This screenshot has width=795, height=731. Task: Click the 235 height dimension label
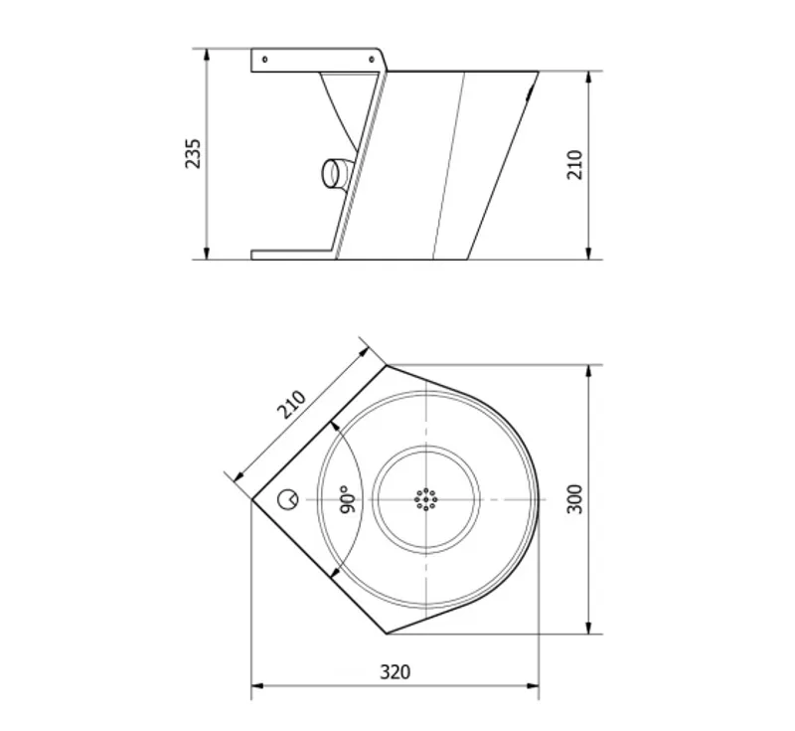[193, 153]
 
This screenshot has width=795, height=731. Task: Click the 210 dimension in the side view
[575, 164]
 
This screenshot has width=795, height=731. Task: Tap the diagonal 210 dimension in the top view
[292, 405]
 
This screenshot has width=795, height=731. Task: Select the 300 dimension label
[574, 499]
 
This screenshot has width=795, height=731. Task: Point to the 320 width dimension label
[396, 672]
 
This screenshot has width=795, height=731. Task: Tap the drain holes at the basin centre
[426, 499]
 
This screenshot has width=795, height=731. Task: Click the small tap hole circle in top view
[288, 499]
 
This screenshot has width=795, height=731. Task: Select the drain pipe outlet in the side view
[337, 173]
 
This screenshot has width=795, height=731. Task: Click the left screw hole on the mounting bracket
[264, 60]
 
